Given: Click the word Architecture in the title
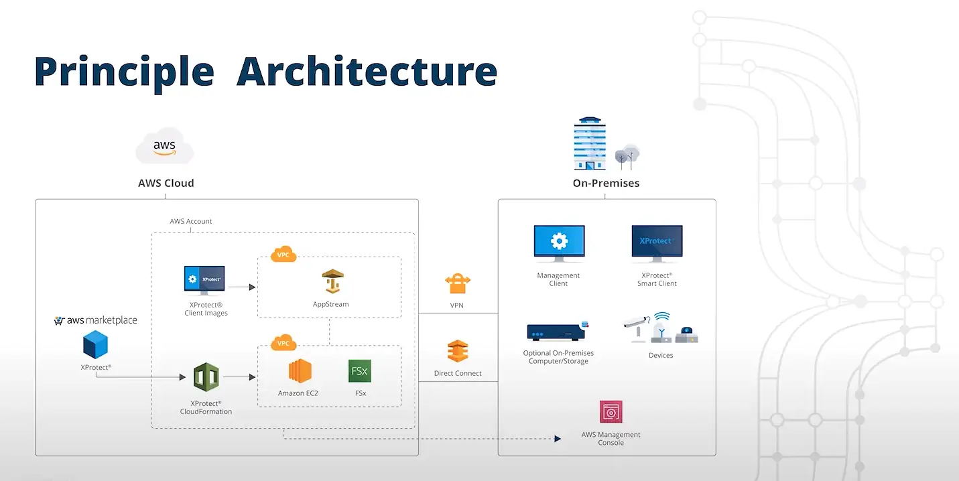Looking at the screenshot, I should click(367, 72).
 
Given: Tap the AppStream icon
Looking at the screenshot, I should click(331, 282).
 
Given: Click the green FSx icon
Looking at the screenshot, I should click(360, 371).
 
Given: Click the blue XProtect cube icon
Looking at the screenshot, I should click(96, 346).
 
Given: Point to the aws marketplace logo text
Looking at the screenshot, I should click(96, 320).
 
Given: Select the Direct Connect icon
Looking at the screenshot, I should click(458, 352).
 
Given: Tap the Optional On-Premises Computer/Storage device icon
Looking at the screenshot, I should click(558, 332).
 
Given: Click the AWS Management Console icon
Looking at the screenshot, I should click(611, 413).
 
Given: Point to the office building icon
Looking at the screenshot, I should click(590, 143).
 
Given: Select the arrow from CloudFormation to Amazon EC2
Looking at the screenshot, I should click(239, 378).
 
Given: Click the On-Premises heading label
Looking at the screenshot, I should click(606, 183).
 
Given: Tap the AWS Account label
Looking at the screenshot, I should click(191, 222).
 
